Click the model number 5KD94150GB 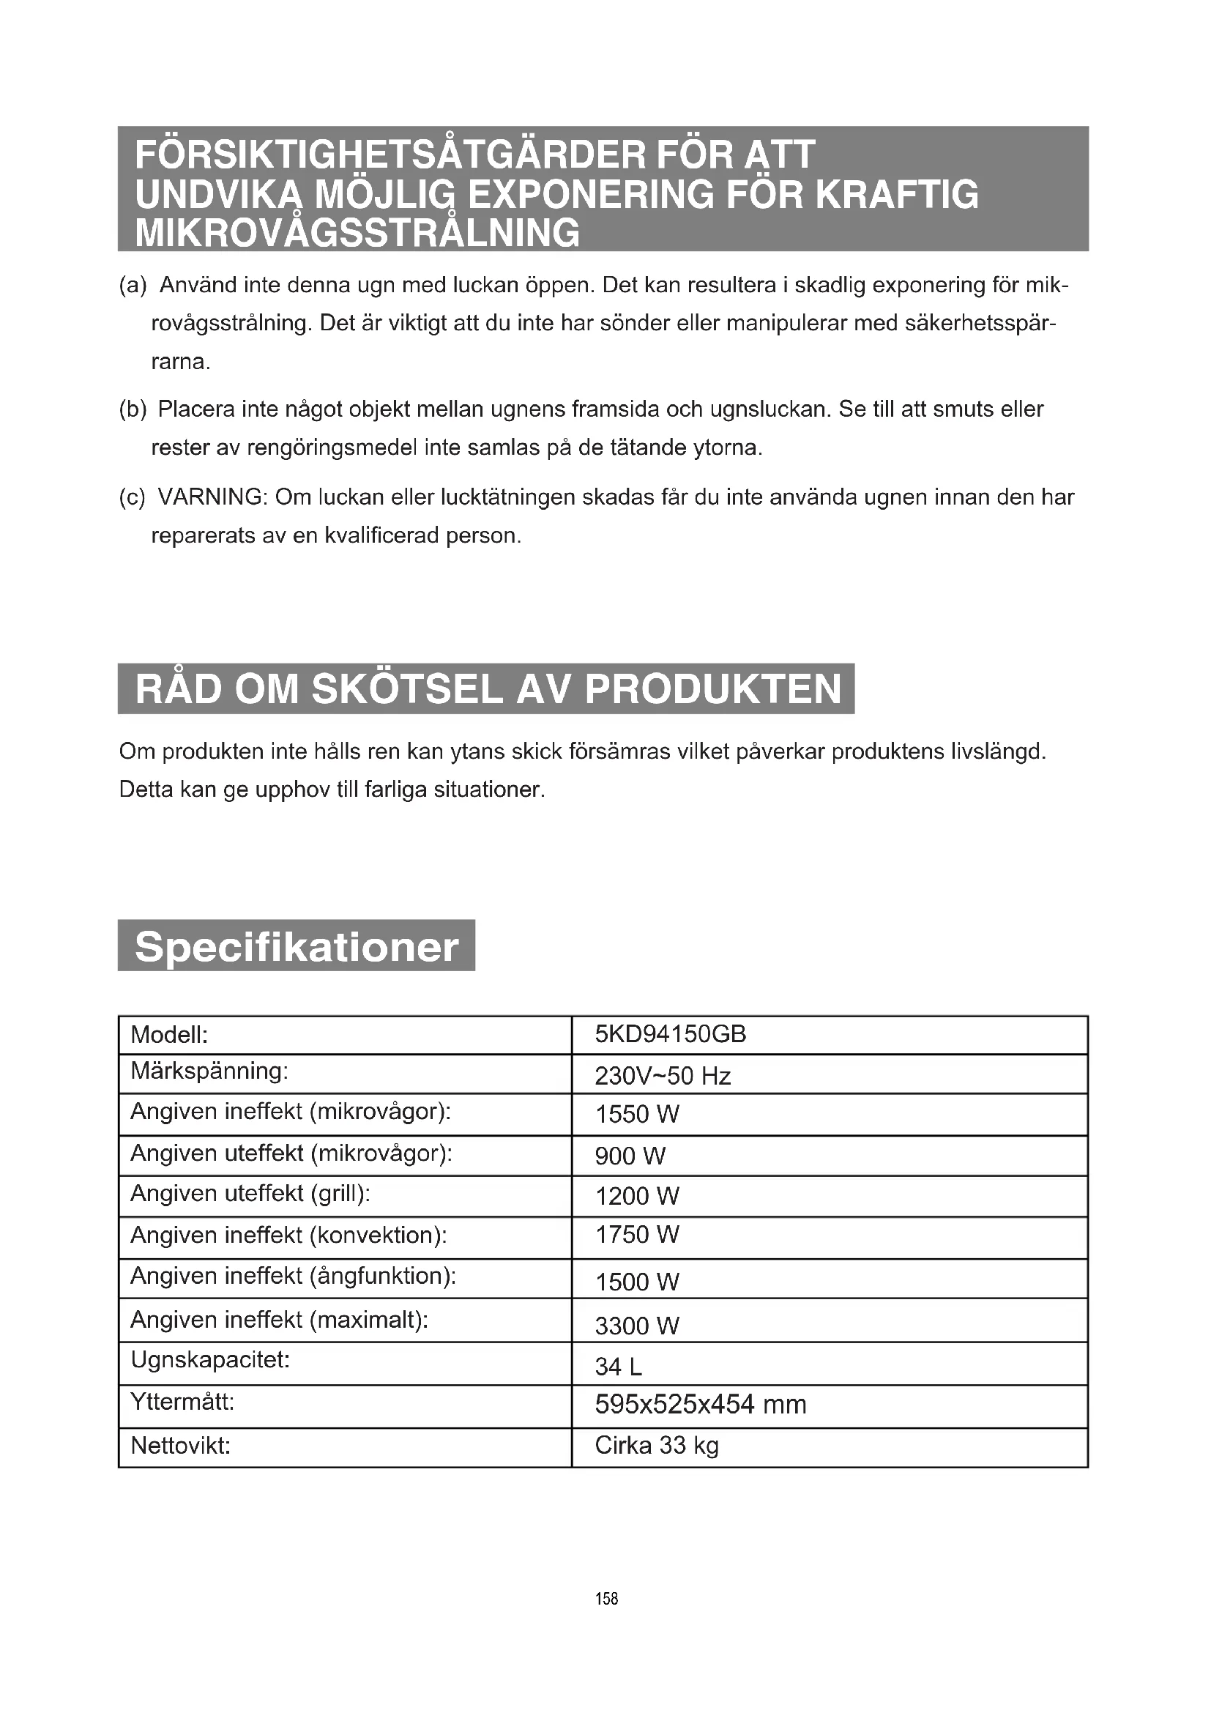point(670,1034)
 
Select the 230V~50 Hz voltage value point(662,1076)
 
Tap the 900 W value point(630,1156)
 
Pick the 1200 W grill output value point(637,1196)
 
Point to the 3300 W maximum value point(637,1326)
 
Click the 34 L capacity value point(618,1367)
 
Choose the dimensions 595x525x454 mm point(700,1405)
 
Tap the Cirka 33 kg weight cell point(656,1445)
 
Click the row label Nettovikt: point(180,1446)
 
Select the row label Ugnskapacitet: point(209,1359)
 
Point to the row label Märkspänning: point(209,1071)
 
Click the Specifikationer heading point(296,947)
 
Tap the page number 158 point(606,1599)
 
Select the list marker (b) point(133,409)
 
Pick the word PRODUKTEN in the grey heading point(714,688)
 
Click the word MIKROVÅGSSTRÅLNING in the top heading point(357,233)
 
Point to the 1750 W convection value point(637,1235)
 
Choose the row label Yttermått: point(183,1402)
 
